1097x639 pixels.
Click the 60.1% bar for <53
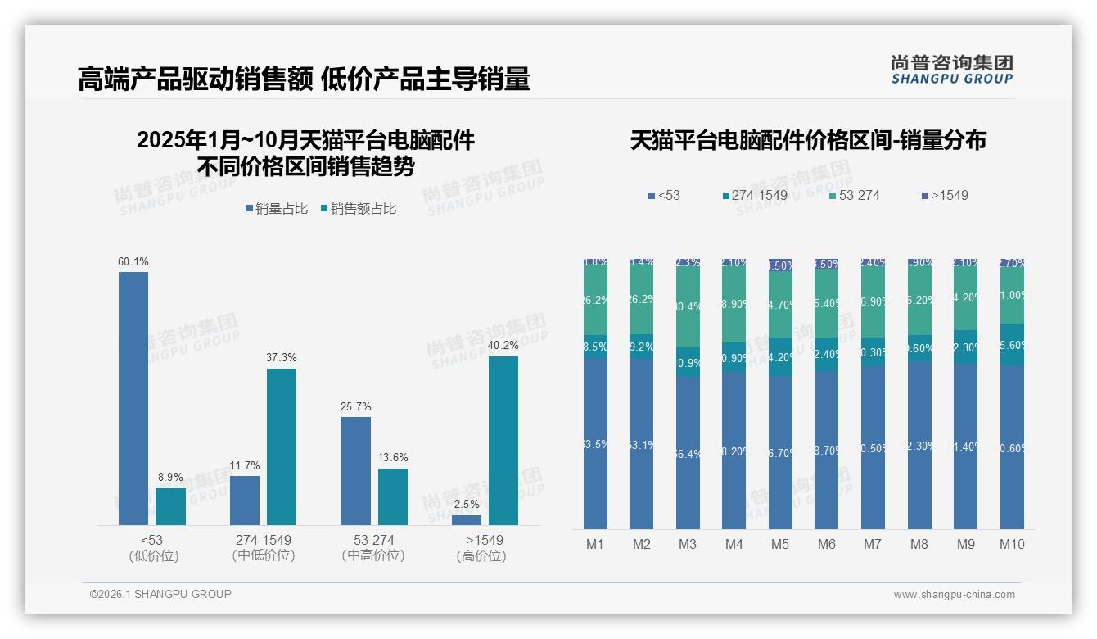133,398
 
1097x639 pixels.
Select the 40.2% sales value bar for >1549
503,440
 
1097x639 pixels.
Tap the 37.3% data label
282,358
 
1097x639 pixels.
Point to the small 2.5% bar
466,520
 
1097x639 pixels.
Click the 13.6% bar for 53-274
393,496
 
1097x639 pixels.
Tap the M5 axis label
780,544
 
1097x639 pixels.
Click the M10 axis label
1012,544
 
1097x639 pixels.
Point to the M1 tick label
595,544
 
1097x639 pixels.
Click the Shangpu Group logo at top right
951,70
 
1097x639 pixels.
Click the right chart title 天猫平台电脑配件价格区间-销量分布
807,140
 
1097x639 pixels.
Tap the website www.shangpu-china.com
954,595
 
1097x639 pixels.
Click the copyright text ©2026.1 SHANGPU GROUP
160,594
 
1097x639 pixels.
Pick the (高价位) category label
481,555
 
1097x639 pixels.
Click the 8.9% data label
170,477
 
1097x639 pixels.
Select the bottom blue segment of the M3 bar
688,452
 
